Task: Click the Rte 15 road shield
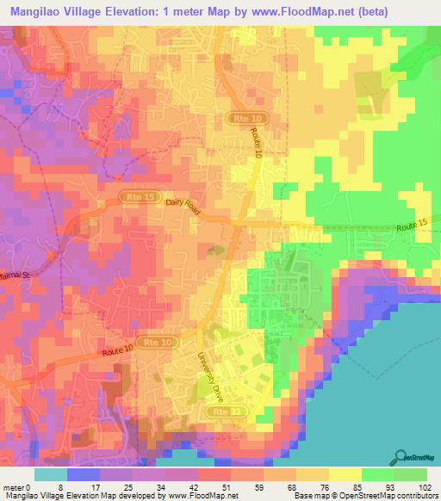(127, 197)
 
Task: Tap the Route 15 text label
(412, 226)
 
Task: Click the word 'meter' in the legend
(14, 486)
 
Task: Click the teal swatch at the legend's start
(51, 473)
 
